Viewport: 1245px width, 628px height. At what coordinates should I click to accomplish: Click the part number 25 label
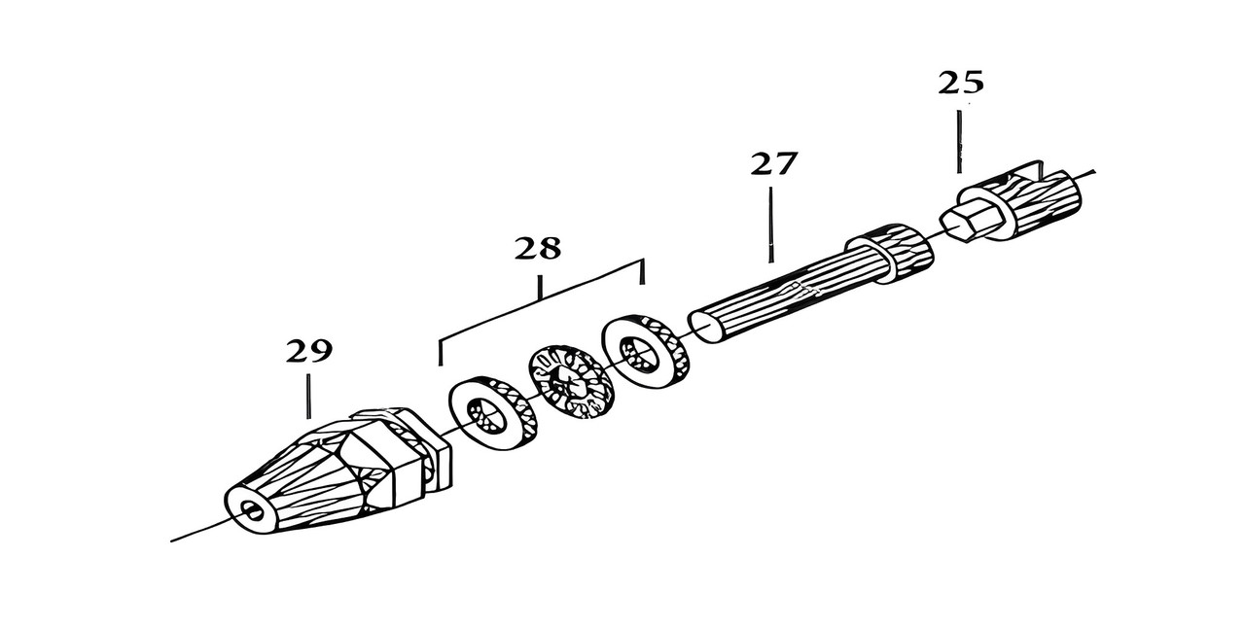(960, 83)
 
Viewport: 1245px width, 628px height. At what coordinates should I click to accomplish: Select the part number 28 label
(538, 249)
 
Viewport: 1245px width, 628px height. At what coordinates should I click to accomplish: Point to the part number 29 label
(308, 351)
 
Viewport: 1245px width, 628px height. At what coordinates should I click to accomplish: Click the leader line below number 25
(959, 141)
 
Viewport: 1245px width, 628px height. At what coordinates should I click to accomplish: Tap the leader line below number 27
(771, 224)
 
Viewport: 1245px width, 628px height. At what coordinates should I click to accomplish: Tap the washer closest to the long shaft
(645, 347)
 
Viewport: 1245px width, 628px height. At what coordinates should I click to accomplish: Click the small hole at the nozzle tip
(254, 511)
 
